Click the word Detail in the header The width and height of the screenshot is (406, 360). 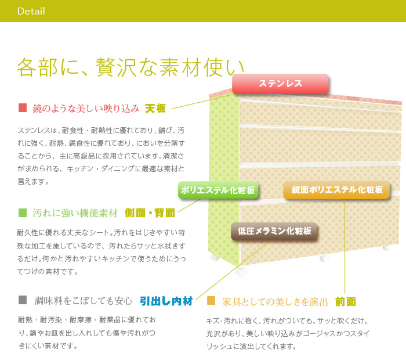click(x=31, y=11)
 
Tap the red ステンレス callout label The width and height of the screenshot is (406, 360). click(x=280, y=84)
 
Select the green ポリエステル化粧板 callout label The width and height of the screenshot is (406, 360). click(x=217, y=190)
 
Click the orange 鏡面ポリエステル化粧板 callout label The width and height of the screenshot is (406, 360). click(x=337, y=190)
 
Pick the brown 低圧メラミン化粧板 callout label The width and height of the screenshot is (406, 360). click(x=274, y=231)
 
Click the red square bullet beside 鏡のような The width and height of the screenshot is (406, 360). click(x=23, y=107)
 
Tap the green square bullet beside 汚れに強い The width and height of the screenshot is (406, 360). click(x=23, y=213)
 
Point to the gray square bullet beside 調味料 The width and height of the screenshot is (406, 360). click(x=23, y=300)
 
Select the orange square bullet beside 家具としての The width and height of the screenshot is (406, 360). click(x=211, y=300)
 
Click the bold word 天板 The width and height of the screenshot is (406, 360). click(x=155, y=109)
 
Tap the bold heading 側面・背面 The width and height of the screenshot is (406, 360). click(x=150, y=213)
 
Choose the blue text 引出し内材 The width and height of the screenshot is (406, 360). click(x=166, y=301)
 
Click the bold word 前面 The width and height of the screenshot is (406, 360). click(x=346, y=302)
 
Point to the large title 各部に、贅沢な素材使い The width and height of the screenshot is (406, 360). click(x=130, y=67)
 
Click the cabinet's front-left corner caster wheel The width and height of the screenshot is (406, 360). click(x=241, y=271)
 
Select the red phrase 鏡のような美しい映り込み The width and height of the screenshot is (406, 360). click(x=86, y=109)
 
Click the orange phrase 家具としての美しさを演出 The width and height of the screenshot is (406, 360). click(x=275, y=302)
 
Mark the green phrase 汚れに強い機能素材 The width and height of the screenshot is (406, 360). click(x=75, y=213)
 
